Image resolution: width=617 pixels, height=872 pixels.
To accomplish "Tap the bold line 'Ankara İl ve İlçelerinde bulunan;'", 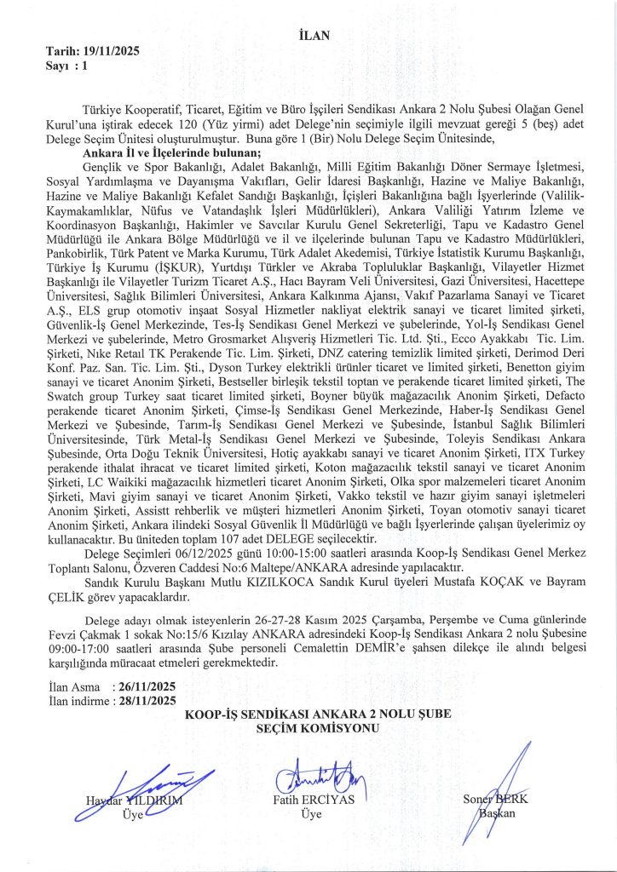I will (160, 152).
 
